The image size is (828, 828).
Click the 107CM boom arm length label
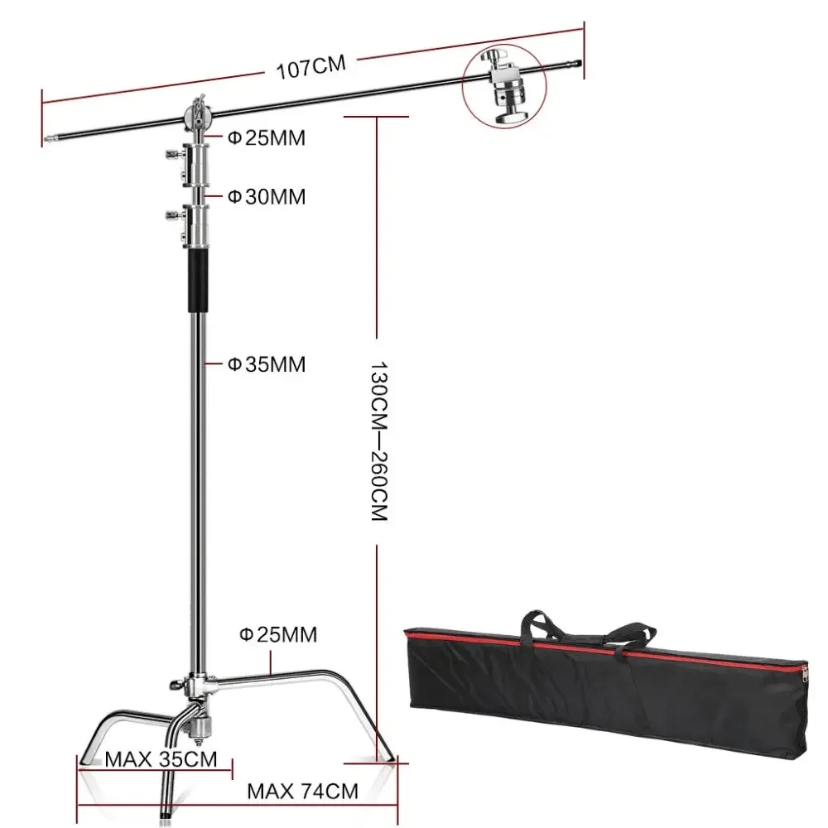[x=311, y=67]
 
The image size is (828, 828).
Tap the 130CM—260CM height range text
[x=379, y=441]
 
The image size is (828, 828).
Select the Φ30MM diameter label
[x=267, y=197]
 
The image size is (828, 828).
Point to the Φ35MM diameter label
[x=267, y=364]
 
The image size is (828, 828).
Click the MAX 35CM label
[x=161, y=759]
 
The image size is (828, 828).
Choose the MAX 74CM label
[x=302, y=791]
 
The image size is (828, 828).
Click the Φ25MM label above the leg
[x=278, y=634]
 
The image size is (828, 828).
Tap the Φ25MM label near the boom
[x=267, y=137]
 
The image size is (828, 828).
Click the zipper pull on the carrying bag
[x=805, y=674]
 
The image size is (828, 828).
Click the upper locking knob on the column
[x=173, y=155]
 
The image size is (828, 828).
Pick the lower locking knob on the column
[x=173, y=215]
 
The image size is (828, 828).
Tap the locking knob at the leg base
[x=176, y=685]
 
